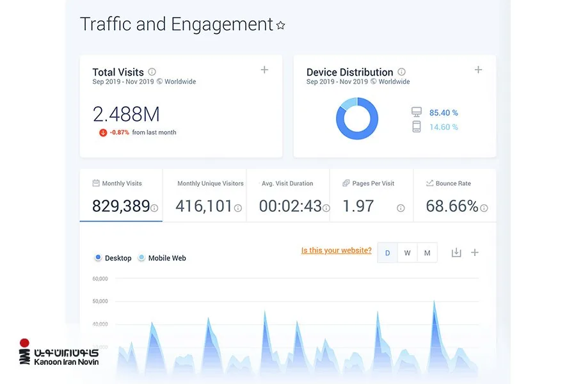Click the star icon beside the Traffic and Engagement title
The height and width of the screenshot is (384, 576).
(281, 25)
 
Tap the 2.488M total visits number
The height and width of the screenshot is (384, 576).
(126, 114)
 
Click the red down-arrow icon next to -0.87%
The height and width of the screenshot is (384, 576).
(103, 132)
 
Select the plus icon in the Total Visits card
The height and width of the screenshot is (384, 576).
(264, 70)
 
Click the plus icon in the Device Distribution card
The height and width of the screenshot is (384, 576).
(478, 70)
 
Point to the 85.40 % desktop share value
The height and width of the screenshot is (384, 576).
(444, 113)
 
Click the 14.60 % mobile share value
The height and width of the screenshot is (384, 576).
(444, 127)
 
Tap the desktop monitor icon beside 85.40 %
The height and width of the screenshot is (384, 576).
(417, 112)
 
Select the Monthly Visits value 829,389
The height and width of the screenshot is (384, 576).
(121, 206)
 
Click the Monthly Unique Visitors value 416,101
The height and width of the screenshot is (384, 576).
(204, 206)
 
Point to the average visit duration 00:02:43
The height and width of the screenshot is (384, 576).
(290, 206)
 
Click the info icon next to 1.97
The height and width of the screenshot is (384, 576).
(401, 209)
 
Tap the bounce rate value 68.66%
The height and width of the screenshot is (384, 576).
(452, 206)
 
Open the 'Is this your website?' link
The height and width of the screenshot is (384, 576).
(336, 251)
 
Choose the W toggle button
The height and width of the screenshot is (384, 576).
(407, 253)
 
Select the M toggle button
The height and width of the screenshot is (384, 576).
(428, 253)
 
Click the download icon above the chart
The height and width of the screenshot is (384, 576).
(456, 252)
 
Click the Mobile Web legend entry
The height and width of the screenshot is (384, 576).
(163, 258)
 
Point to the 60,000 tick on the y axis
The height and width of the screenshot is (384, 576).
(100, 279)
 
